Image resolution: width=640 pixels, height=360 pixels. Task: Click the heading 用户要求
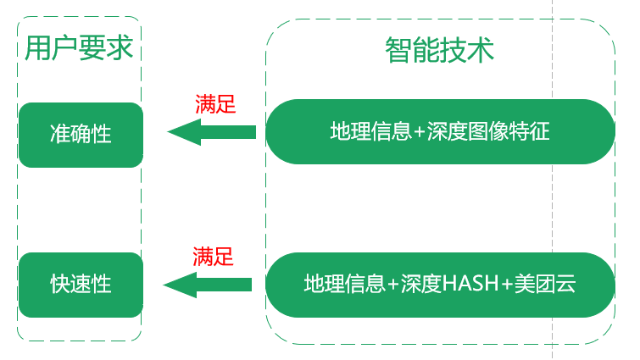(x=79, y=47)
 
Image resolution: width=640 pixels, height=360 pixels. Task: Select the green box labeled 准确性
(x=81, y=134)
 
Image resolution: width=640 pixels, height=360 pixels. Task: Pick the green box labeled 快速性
(x=81, y=284)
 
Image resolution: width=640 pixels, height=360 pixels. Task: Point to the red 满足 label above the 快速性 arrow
(x=213, y=256)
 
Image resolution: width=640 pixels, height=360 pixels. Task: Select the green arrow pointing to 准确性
(x=212, y=131)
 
